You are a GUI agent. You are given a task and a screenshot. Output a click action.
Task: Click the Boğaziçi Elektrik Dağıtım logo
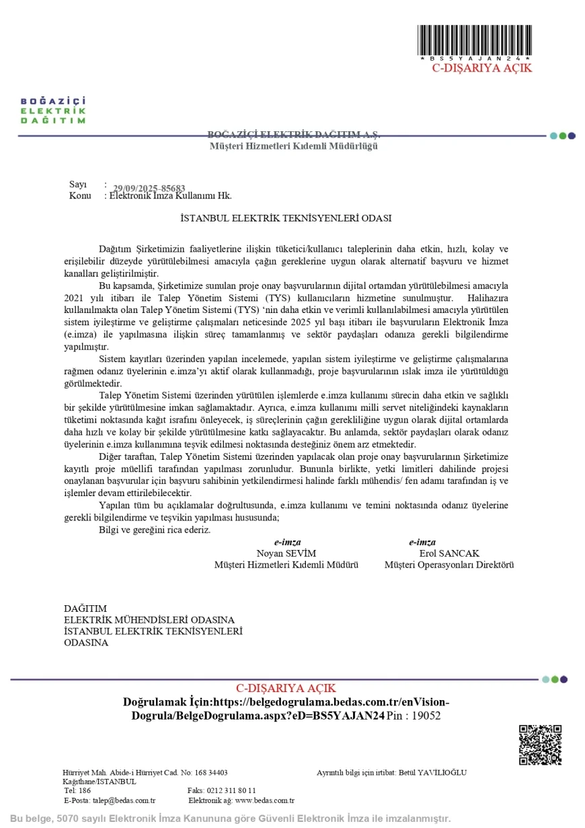[x=53, y=110]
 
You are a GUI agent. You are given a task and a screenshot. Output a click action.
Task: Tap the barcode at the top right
[x=475, y=42]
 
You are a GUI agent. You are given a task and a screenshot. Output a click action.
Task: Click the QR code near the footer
[x=540, y=745]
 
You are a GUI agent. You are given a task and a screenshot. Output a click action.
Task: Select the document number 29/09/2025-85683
[x=149, y=188]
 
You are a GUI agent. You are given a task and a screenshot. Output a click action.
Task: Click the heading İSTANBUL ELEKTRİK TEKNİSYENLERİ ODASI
[x=286, y=218]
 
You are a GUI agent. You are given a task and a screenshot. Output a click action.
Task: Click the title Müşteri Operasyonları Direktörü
[x=449, y=565]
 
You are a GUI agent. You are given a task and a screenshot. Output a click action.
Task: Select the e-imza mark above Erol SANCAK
[x=422, y=543]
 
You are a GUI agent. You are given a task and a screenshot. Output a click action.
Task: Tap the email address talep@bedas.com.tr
[x=124, y=800]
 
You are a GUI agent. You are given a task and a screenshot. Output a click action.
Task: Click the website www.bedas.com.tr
[x=264, y=800]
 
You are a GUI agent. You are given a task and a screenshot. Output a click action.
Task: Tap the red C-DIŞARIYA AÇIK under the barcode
[x=481, y=68]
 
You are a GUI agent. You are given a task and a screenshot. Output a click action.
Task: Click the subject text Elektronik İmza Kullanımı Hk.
[x=171, y=196]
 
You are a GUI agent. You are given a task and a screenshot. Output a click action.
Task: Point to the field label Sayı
[x=78, y=184]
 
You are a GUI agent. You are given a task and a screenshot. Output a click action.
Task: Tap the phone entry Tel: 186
[x=77, y=790]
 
